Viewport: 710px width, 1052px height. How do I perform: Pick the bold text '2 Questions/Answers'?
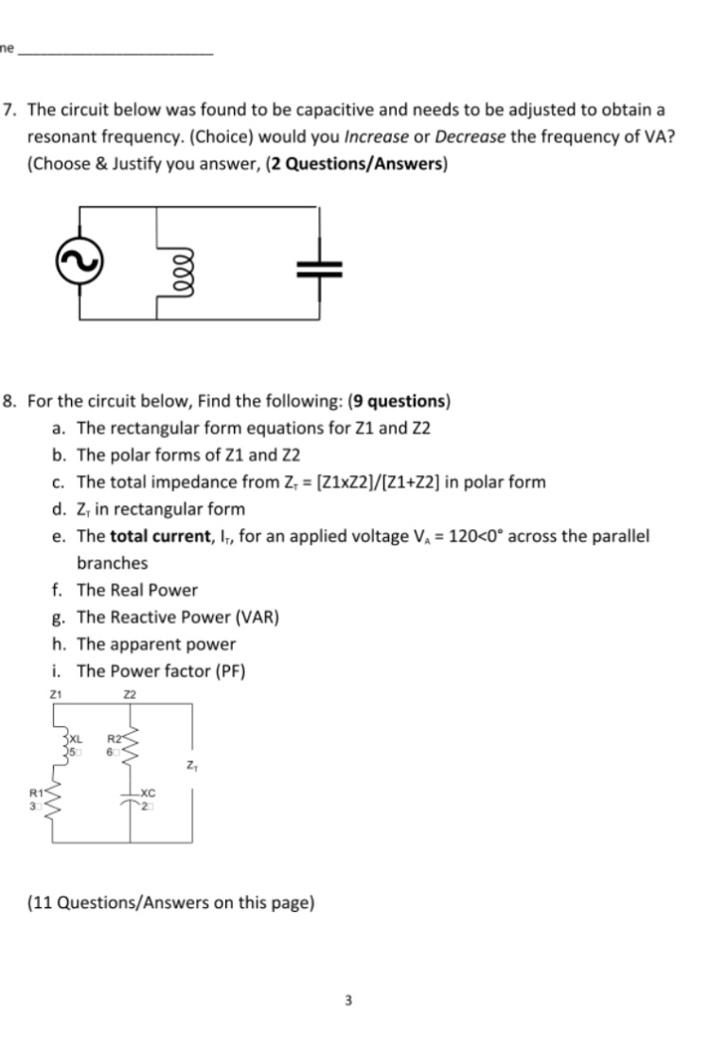click(364, 163)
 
